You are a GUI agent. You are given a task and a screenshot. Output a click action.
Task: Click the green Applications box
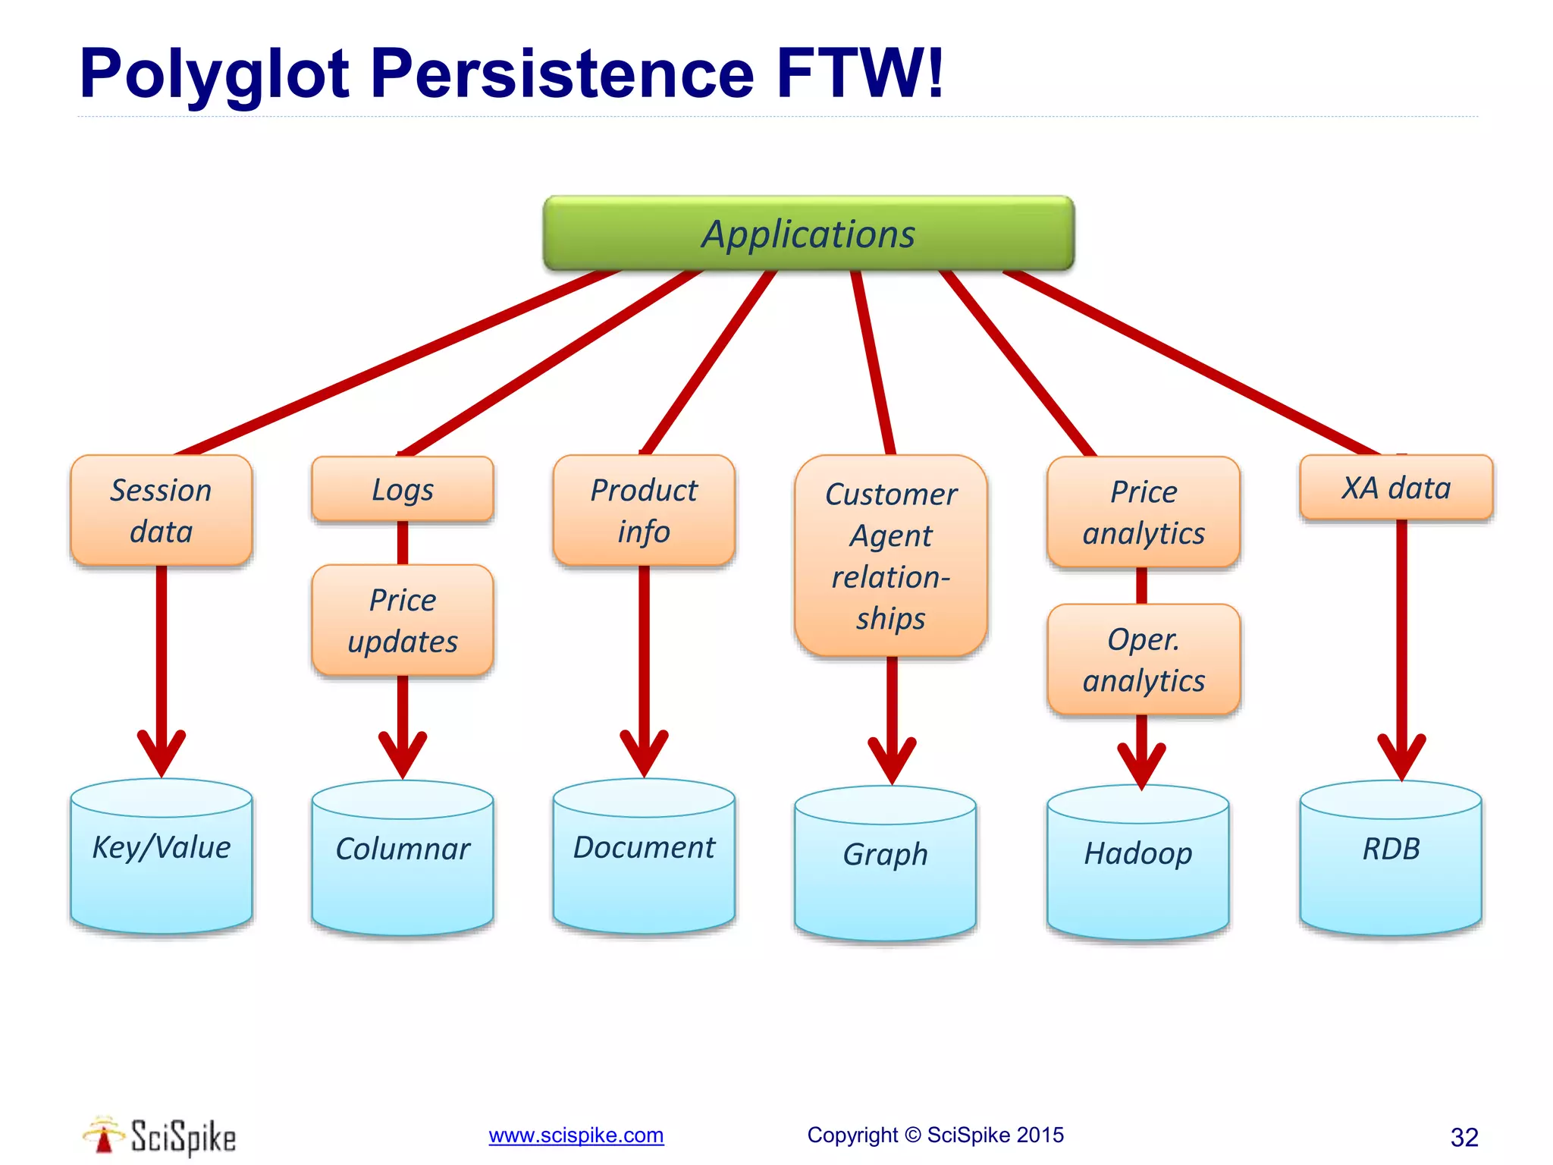pos(808,234)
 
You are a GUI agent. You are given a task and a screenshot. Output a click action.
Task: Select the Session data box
pos(161,510)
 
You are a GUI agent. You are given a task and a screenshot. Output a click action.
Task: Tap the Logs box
pos(403,489)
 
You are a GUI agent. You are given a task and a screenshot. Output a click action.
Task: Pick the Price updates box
pos(403,620)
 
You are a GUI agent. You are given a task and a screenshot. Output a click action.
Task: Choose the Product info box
pos(644,510)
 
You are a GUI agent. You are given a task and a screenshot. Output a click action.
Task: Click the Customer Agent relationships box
pos(891,556)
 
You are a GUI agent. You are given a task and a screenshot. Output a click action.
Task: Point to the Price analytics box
pos(1144,512)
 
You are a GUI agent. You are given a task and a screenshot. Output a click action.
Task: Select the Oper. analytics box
pos(1144,659)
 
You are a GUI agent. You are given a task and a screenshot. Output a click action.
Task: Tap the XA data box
pos(1396,488)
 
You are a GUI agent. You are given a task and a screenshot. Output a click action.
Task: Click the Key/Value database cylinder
pos(161,857)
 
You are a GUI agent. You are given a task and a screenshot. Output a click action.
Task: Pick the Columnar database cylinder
pos(403,859)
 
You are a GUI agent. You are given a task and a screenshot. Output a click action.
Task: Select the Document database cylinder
pos(644,857)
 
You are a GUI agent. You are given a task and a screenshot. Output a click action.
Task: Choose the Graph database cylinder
pos(885,865)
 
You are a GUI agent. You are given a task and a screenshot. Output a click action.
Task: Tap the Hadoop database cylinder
pos(1137,863)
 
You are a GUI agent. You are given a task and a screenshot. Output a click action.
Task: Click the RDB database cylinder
pos(1391,859)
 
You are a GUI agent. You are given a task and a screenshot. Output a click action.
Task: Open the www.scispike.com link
pos(576,1135)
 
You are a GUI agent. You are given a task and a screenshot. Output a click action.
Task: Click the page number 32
pos(1464,1137)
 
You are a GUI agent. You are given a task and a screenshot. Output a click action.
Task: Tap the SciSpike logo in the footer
pos(160,1136)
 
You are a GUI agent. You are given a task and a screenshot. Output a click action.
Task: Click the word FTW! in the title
pos(861,74)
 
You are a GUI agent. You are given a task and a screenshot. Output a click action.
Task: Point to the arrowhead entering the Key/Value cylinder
pos(161,755)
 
